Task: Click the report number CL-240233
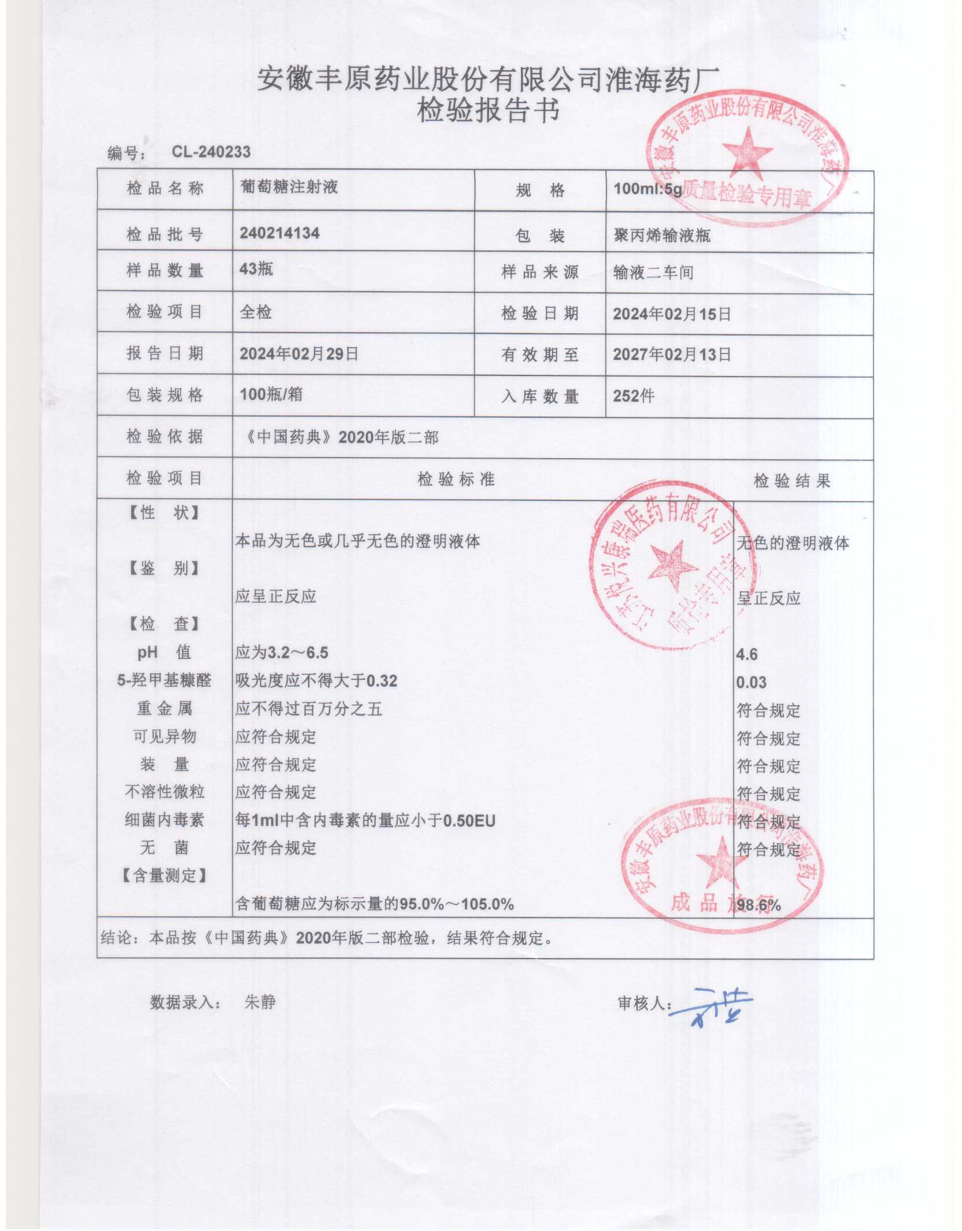211,152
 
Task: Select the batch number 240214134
280,233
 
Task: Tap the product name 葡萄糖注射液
289,187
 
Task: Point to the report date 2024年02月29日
299,353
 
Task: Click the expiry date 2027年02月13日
672,354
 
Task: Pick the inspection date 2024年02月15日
672,314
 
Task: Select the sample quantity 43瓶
256,269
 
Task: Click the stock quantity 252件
634,396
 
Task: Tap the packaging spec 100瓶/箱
271,395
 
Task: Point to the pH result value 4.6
747,654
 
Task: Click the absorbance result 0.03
751,683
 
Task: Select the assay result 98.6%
758,905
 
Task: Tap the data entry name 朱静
260,1002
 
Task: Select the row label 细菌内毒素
164,820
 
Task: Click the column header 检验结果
791,481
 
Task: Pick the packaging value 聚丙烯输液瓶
662,235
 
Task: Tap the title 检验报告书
488,110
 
